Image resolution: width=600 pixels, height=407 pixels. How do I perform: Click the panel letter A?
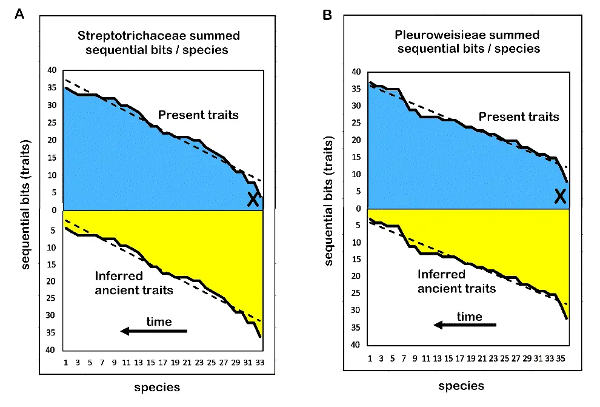tap(20, 15)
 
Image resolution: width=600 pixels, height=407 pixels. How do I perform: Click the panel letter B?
tap(327, 15)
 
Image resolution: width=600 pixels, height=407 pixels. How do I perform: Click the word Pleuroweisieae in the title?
tap(436, 35)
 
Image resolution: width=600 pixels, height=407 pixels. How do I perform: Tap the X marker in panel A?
tap(253, 199)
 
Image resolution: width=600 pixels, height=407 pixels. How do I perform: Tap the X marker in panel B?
tap(561, 195)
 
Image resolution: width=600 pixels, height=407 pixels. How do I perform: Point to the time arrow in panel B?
tap(465, 325)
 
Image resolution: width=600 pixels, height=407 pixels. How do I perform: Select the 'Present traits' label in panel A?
tap(198, 114)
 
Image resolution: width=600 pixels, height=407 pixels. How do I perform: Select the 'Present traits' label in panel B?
tap(519, 116)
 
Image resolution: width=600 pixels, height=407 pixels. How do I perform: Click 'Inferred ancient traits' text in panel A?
tap(134, 283)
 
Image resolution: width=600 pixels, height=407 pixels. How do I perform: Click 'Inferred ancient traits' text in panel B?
tap(456, 281)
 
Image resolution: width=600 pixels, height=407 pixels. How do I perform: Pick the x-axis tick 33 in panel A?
tap(259, 362)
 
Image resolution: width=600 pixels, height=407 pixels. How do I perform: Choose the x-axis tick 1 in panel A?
tap(65, 362)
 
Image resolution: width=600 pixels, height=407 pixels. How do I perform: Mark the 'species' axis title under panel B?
tap(461, 386)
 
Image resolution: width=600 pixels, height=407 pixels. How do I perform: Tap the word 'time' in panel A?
tap(159, 321)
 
